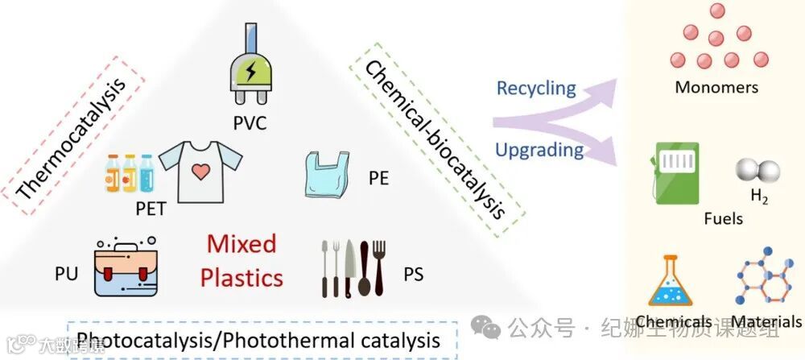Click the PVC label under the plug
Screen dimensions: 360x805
250,124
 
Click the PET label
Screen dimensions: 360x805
151,209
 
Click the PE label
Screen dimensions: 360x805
378,178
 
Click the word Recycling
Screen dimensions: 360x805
536,87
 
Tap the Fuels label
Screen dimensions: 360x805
723,218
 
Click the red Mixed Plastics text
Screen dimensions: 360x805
242,260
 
